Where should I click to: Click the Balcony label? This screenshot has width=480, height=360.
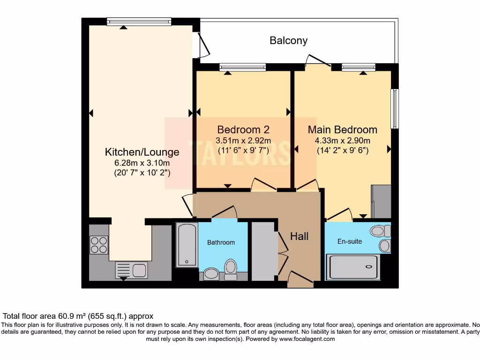(288, 41)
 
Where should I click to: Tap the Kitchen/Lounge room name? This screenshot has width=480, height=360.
(142, 152)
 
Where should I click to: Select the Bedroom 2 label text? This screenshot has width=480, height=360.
(243, 129)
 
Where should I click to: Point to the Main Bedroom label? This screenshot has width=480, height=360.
(342, 129)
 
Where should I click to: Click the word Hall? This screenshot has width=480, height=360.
(299, 236)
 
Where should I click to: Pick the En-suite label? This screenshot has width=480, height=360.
(350, 241)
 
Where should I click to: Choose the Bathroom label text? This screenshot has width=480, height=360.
(221, 242)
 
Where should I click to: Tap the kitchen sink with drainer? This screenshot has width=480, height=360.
(131, 270)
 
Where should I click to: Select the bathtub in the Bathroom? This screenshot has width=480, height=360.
(187, 245)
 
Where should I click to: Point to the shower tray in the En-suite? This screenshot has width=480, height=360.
(354, 267)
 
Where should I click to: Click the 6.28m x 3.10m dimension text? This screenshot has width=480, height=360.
(142, 163)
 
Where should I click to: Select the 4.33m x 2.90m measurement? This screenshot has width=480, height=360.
(342, 141)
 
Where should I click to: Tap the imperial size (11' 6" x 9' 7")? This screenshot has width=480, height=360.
(243, 150)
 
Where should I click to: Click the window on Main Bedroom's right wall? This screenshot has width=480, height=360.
(395, 108)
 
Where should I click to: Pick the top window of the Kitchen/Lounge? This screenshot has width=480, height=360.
(139, 22)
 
